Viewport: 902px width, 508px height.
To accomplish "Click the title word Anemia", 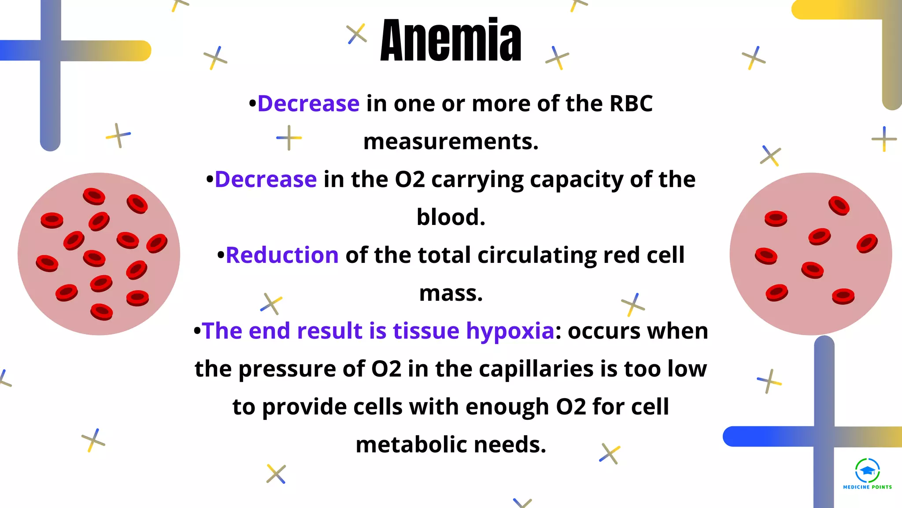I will click(x=451, y=41).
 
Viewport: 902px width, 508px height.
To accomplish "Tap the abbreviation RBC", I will click(x=631, y=104).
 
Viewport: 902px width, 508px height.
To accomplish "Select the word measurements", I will click(x=451, y=142).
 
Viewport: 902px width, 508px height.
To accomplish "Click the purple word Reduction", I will click(x=282, y=255).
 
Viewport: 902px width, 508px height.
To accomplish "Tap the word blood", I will click(x=451, y=217).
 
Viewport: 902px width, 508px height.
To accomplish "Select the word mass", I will click(x=451, y=294).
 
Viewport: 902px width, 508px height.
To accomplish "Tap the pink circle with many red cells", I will click(x=99, y=254).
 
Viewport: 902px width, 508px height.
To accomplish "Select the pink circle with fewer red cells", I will click(x=810, y=254).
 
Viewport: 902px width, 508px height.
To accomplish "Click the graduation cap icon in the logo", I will click(x=867, y=471).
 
